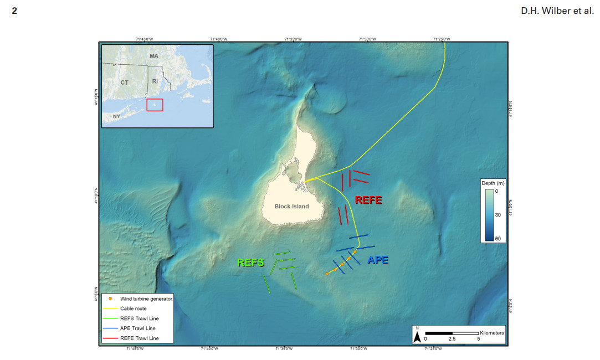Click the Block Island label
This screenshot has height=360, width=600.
tap(291, 207)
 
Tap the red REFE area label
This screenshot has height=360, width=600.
tap(368, 200)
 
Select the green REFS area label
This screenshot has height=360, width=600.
tap(251, 263)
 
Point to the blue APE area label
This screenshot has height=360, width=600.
tap(378, 260)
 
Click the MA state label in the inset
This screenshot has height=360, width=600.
tap(153, 56)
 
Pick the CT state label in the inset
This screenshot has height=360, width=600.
tap(125, 82)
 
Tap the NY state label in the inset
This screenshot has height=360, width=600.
tap(116, 116)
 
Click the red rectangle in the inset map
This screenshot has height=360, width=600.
tap(155, 105)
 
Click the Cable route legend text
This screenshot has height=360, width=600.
tap(134, 308)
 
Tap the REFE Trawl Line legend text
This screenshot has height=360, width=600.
tap(139, 338)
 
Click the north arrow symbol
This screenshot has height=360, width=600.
tap(417, 336)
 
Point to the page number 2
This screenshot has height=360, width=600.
tap(14, 11)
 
